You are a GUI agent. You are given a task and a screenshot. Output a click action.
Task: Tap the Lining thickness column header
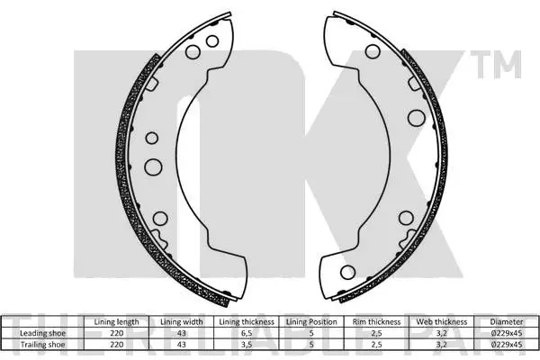coord(247,321)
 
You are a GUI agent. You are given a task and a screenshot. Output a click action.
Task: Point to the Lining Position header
coord(311,321)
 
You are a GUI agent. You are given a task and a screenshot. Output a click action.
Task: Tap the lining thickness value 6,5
coord(247,331)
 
